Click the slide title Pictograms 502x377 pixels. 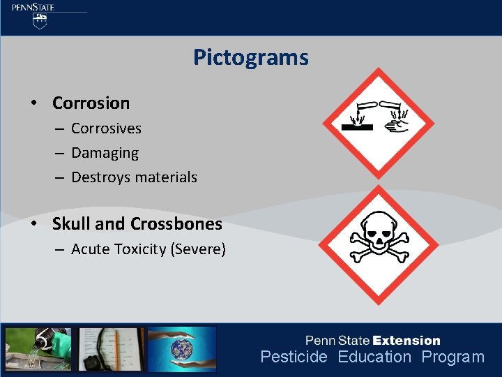pos(251,57)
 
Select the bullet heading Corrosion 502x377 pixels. pos(91,103)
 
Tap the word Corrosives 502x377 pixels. pos(106,128)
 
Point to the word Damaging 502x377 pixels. pos(105,153)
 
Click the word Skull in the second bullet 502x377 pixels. pos(72,224)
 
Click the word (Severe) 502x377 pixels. pos(198,249)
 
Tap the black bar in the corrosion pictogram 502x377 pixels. pos(358,128)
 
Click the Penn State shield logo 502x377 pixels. pos(40,21)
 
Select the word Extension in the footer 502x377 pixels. pos(406,341)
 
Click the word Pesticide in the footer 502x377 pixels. pos(294,357)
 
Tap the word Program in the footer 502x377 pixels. pos(452,357)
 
